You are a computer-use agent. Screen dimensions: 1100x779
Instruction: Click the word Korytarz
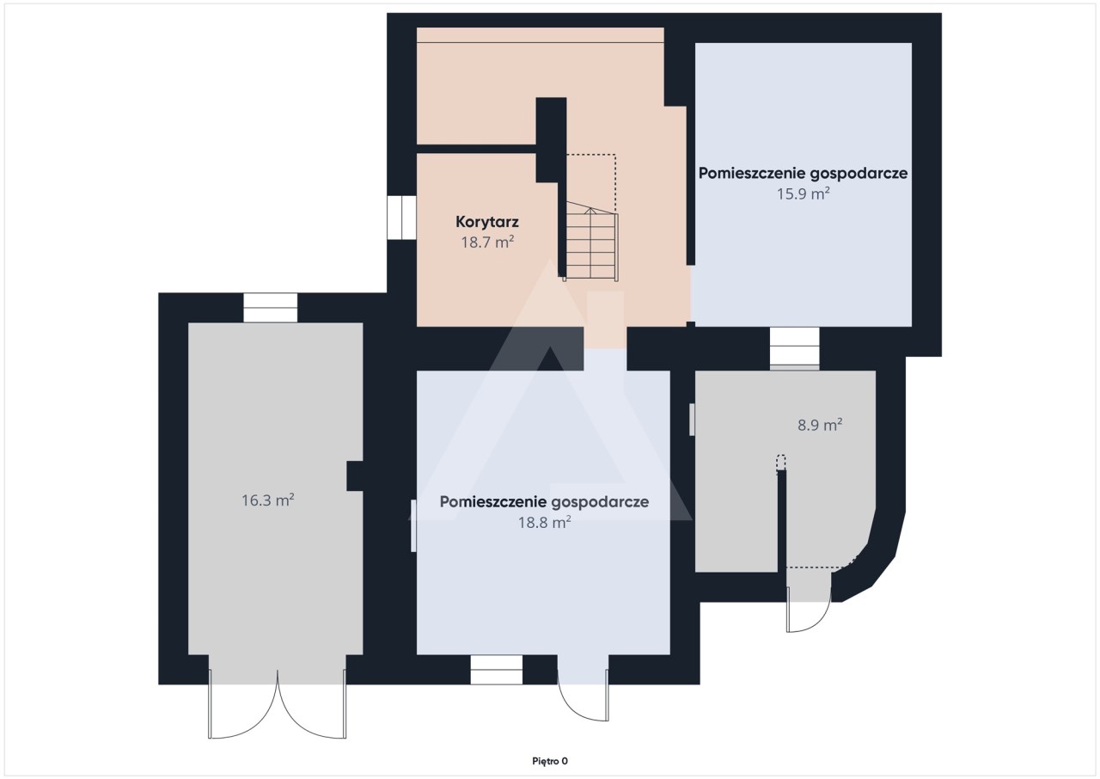pyautogui.click(x=487, y=222)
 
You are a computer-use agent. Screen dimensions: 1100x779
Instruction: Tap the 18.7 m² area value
pyautogui.click(x=487, y=242)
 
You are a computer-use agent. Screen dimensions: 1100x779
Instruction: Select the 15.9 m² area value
pyautogui.click(x=803, y=193)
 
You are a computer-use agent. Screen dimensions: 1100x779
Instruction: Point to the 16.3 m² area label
pyautogui.click(x=267, y=500)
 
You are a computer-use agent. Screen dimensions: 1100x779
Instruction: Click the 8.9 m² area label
pyautogui.click(x=820, y=425)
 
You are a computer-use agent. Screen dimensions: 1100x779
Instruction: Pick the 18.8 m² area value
pyautogui.click(x=544, y=522)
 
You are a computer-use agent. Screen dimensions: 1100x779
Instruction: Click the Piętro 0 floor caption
pyautogui.click(x=550, y=761)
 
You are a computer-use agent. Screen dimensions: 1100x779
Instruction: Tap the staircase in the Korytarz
pyautogui.click(x=590, y=242)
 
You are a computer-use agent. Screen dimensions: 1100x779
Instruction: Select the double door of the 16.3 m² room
pyautogui.click(x=278, y=704)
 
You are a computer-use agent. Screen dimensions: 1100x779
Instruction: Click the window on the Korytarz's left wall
pyautogui.click(x=401, y=218)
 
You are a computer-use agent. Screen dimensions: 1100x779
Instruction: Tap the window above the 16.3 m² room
pyautogui.click(x=271, y=308)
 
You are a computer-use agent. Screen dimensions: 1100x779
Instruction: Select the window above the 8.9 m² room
pyautogui.click(x=795, y=348)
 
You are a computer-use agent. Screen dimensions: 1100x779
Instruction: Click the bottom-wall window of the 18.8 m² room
pyautogui.click(x=497, y=670)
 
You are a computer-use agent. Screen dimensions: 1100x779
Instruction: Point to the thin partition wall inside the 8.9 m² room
pyautogui.click(x=782, y=521)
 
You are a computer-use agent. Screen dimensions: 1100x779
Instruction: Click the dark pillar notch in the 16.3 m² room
pyautogui.click(x=355, y=476)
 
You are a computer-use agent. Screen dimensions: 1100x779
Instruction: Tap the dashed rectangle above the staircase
pyautogui.click(x=591, y=184)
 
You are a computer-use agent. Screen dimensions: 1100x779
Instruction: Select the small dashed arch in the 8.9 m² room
pyautogui.click(x=781, y=463)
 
